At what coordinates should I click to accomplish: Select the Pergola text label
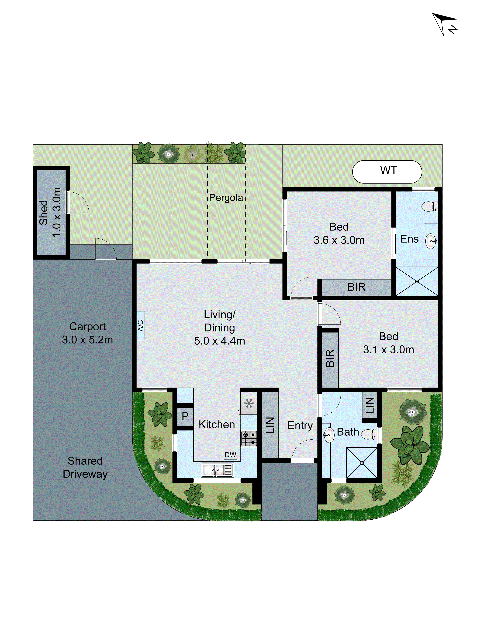coord(226,198)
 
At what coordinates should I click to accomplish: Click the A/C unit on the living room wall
coord(141,326)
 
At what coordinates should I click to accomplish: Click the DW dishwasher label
coord(230,455)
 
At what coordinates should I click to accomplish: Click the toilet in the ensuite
coord(430,206)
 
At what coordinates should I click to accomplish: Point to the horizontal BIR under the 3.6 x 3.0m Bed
coord(356,287)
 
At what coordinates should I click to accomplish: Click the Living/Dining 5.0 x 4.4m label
coord(219,328)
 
